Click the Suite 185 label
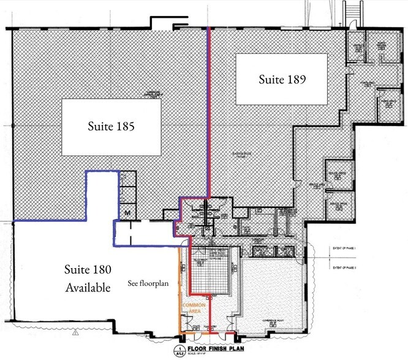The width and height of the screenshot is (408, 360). click(111, 127)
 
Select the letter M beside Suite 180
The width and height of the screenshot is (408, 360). click(128, 212)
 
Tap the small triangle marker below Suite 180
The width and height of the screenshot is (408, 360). click(75, 334)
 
